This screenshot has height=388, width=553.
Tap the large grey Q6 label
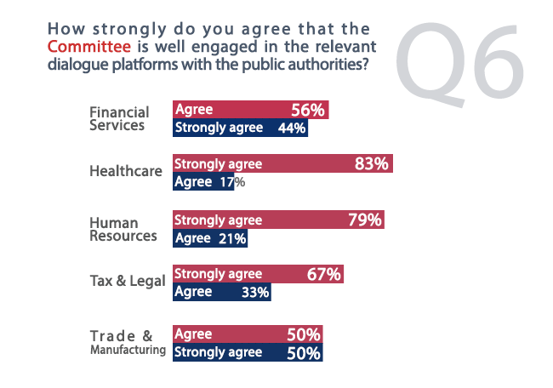pos(459,62)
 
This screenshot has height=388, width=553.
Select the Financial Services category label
pos(119,119)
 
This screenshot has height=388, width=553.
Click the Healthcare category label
pos(126,171)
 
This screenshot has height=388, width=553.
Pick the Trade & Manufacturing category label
pos(128,342)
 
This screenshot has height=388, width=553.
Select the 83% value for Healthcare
pos(372,164)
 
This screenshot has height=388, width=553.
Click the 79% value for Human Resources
pos(365,220)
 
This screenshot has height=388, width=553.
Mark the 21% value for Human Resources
pos(232,239)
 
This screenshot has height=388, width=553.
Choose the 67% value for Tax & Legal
pos(324,274)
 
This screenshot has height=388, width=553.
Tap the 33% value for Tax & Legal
pos(255,292)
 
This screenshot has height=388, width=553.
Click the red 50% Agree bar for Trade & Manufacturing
pos(248,334)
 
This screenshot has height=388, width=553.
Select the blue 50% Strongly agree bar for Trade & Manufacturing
pos(248,352)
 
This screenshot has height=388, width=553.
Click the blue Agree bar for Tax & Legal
pos(222,292)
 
